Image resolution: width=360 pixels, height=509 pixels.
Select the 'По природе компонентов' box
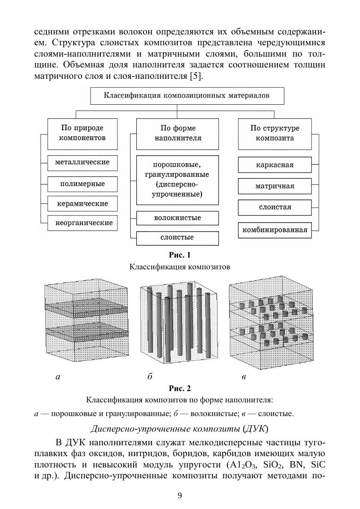pyautogui.click(x=82, y=133)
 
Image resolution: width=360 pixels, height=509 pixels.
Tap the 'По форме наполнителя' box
pyautogui.click(x=177, y=133)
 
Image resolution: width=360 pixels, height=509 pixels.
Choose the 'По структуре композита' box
pyautogui.click(x=275, y=133)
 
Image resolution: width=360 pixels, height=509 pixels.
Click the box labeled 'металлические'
pyautogui.click(x=82, y=162)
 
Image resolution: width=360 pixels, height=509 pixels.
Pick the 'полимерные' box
pyautogui.click(x=82, y=184)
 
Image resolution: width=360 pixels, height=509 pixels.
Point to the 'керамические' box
pyautogui.click(x=82, y=204)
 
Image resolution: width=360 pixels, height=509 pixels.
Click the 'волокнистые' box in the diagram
pyautogui.click(x=177, y=218)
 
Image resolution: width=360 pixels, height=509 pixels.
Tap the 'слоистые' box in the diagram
pyautogui.click(x=177, y=238)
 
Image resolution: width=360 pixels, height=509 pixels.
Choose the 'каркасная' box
pyautogui.click(x=275, y=165)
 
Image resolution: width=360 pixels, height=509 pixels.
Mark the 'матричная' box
pyautogui.click(x=275, y=186)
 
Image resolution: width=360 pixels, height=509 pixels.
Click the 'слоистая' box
pyautogui.click(x=275, y=207)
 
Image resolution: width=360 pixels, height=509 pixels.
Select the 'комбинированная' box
pyautogui.click(x=275, y=230)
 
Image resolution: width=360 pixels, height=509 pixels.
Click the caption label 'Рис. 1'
pyautogui.click(x=180, y=256)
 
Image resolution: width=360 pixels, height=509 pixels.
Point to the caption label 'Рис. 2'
pyautogui.click(x=180, y=389)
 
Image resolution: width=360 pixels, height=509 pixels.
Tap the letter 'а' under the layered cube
pyautogui.click(x=58, y=376)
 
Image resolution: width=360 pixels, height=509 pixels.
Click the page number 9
pyautogui.click(x=180, y=495)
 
